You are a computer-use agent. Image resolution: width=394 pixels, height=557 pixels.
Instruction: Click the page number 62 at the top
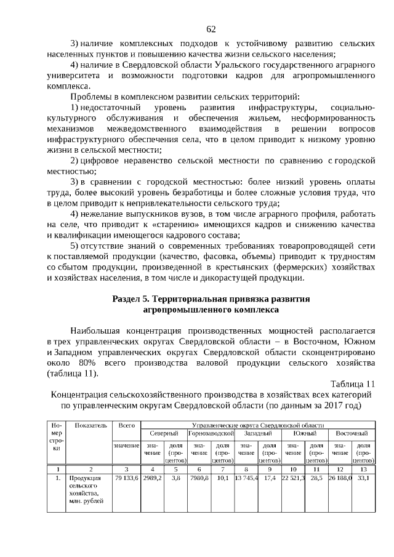coord(211,29)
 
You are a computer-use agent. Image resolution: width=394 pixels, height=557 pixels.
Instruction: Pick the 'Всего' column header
coord(126,425)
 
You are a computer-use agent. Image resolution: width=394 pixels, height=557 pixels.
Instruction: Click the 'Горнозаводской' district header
coord(211,434)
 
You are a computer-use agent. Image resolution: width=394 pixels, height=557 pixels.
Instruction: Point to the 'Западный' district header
coord(258,434)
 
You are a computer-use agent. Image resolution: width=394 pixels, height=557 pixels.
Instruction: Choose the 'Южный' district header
coord(304,434)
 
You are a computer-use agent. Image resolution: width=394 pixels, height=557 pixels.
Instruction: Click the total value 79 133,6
coord(126,478)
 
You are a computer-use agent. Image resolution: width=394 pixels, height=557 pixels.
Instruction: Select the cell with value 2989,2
coord(152,478)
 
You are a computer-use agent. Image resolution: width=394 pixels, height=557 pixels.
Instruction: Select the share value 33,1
coord(364,478)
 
